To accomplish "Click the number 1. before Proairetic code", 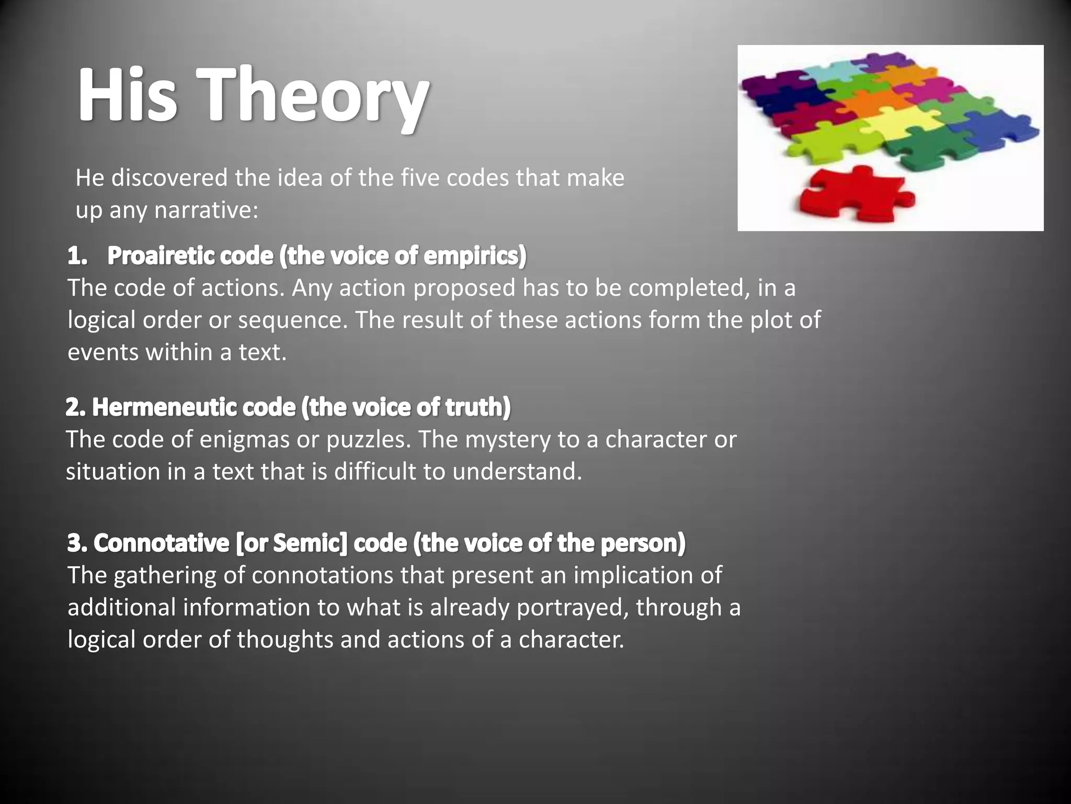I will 77,256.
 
